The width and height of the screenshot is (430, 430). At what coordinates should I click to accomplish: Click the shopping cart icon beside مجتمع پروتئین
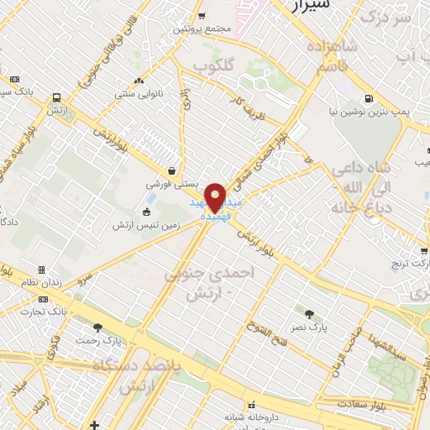point(202,15)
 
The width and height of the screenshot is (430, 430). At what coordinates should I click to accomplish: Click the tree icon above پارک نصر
point(310,313)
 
